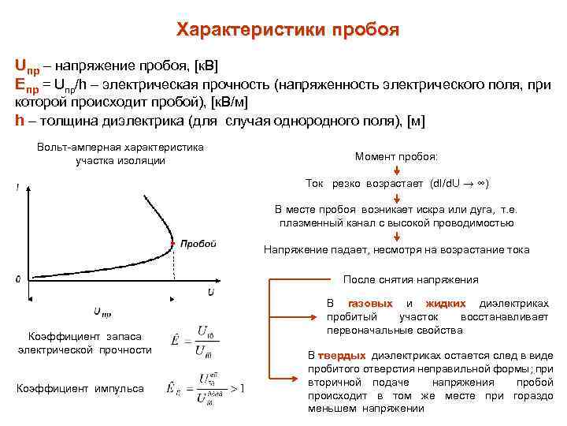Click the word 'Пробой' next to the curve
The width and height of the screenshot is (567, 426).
(198, 244)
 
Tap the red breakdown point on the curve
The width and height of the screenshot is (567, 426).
(173, 243)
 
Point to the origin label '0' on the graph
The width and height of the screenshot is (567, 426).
(18, 279)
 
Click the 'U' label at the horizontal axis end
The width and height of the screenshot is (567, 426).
(212, 292)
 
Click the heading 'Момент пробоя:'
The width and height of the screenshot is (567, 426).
(396, 156)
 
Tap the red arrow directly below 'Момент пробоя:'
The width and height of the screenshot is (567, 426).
(396, 170)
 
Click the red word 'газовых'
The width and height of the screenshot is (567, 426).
(370, 304)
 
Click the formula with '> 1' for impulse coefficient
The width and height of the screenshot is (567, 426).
(206, 388)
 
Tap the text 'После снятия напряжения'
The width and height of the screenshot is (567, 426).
(412, 280)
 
